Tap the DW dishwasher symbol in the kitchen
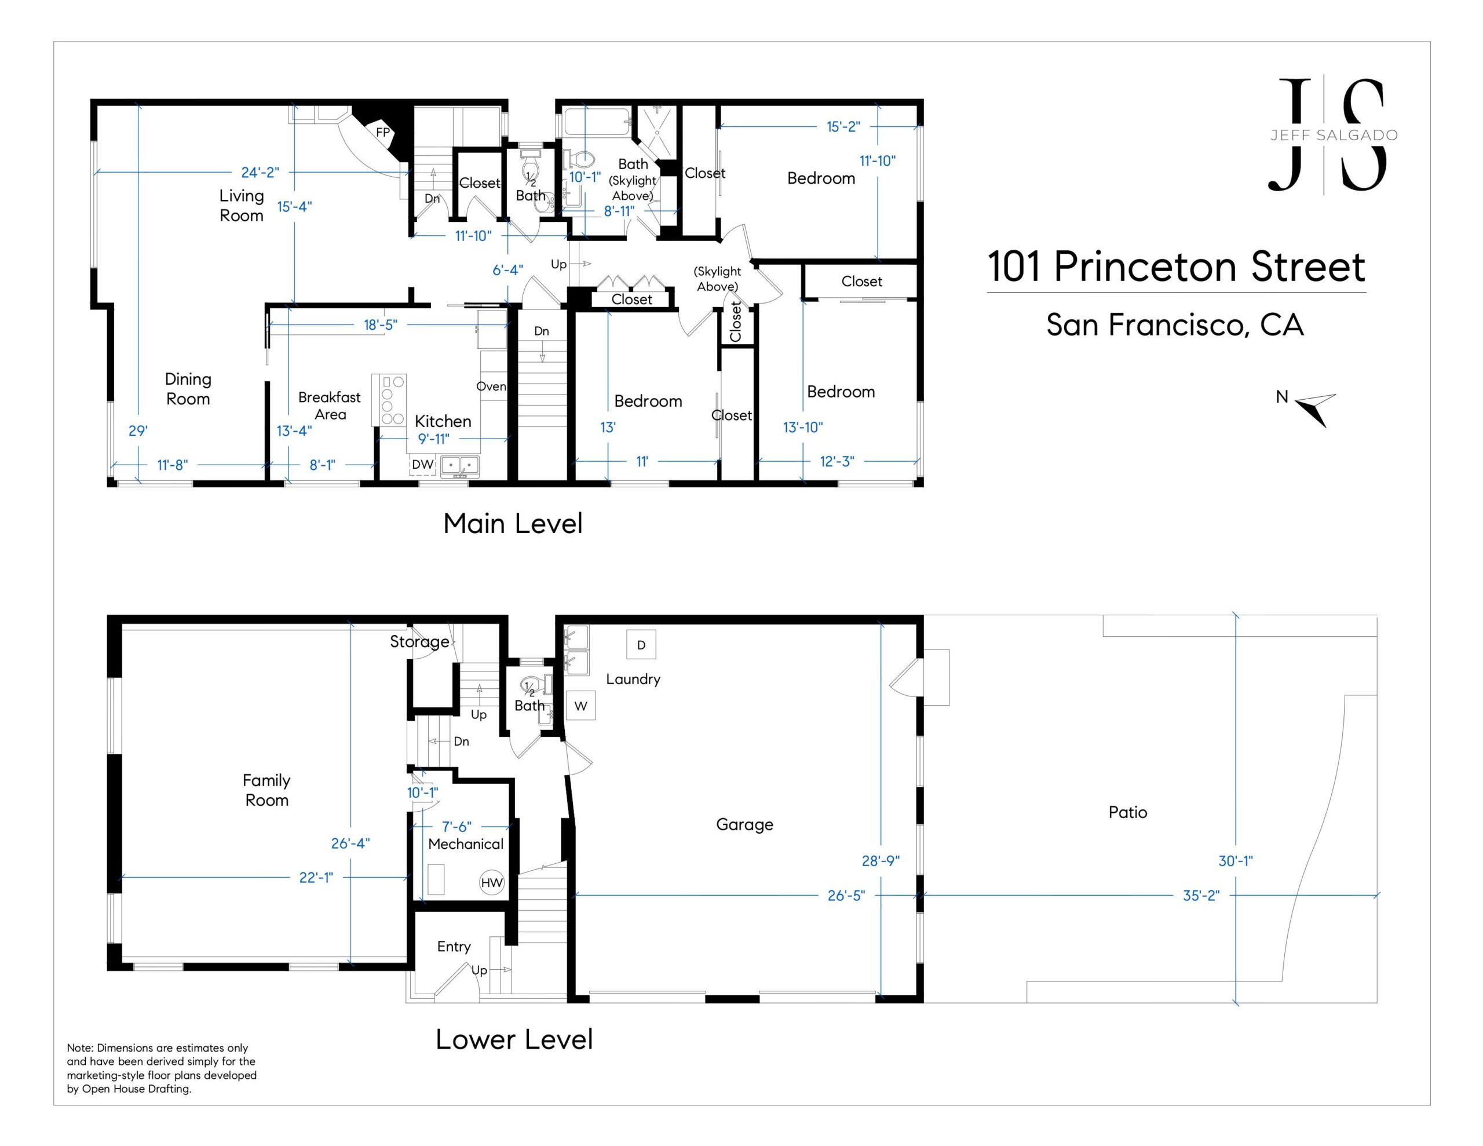point(422,465)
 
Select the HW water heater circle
point(492,882)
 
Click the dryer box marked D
point(641,645)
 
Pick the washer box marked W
point(580,706)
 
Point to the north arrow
point(1315,409)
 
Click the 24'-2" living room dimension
point(260,173)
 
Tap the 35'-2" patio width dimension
point(1201,895)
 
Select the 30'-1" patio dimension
point(1235,861)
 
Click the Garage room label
point(744,824)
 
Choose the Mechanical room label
point(466,844)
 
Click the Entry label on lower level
point(454,947)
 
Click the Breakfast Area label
point(330,406)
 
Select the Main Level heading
point(513,524)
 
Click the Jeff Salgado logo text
point(1334,135)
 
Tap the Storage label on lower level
point(419,642)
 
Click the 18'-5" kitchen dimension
point(380,324)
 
